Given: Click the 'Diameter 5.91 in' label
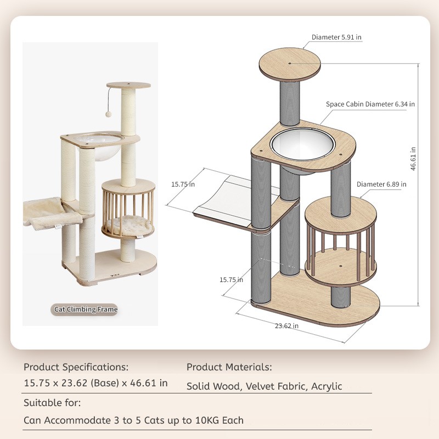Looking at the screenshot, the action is [336, 37].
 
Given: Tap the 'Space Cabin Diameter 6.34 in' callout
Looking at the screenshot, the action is [370, 104].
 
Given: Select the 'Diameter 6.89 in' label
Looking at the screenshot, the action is [381, 184].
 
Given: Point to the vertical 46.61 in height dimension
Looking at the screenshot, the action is [413, 159].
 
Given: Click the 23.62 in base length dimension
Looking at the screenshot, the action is [286, 325].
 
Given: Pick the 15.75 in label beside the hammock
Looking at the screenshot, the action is [183, 184].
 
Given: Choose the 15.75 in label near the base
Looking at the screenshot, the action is [231, 280].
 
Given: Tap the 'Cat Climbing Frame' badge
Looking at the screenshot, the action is [86, 309].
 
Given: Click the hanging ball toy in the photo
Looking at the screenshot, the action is [108, 114].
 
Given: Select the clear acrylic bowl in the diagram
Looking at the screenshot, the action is [303, 145].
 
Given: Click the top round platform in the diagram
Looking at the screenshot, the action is [290, 64].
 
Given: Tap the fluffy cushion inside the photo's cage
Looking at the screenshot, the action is [127, 225].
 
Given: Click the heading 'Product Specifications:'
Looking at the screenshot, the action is [76, 367].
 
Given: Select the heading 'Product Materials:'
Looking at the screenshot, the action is [229, 367].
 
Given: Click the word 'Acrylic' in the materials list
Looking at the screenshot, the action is [327, 386].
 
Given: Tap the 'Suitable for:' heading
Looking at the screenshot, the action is [52, 403].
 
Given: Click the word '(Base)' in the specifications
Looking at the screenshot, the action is [105, 383].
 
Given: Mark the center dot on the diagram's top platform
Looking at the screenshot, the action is [290, 63].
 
